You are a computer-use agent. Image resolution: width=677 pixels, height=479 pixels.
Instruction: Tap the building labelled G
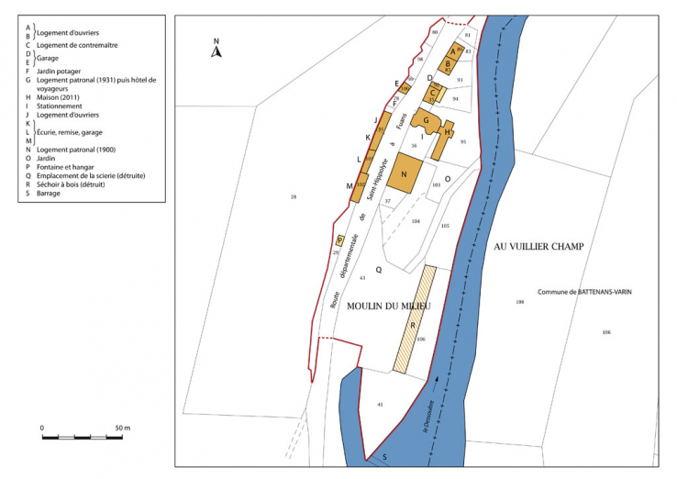426,119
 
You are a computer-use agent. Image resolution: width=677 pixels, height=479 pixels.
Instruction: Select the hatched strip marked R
416,320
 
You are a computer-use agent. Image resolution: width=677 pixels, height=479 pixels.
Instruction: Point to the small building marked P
339,239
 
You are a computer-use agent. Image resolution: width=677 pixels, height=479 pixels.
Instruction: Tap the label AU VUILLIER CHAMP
538,247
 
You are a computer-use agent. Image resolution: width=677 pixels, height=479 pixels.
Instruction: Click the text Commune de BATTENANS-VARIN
584,292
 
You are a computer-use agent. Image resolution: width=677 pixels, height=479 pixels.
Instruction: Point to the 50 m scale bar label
123,428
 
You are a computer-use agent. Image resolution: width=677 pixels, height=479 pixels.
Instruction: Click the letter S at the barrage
384,456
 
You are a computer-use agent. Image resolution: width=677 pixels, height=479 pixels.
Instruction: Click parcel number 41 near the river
379,404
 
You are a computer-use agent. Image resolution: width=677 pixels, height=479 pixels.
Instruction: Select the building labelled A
452,51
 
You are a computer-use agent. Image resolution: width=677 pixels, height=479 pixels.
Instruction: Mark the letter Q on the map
378,270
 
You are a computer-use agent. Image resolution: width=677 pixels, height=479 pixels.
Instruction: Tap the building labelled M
350,185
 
